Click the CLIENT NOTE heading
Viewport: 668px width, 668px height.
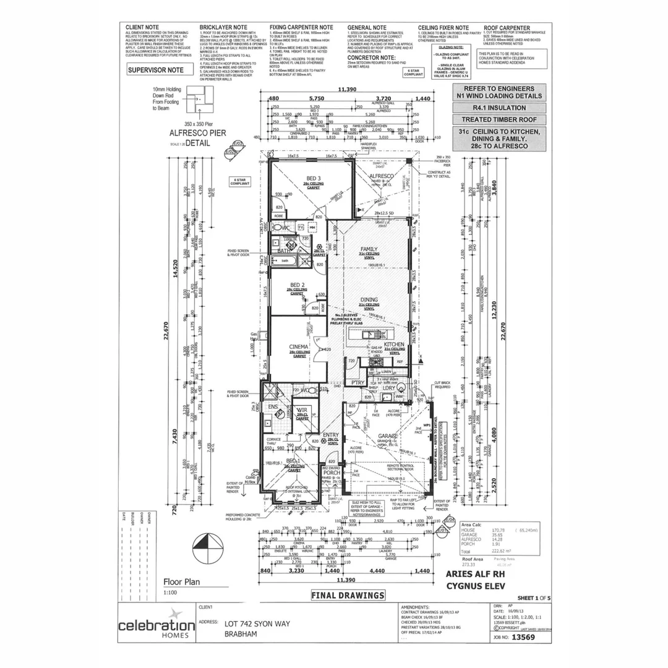point(142,28)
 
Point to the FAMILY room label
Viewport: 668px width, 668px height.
point(369,249)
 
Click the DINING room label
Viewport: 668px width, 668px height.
point(369,299)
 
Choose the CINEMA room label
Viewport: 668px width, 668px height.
point(299,347)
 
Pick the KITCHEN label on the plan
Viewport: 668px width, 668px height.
point(394,345)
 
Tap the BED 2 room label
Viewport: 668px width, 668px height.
point(298,285)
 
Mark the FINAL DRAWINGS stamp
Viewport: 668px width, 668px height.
point(348,595)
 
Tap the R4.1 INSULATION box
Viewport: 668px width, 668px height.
point(499,108)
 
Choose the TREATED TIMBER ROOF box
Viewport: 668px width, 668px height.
point(499,119)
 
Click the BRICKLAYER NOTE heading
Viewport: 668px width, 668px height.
point(223,28)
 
